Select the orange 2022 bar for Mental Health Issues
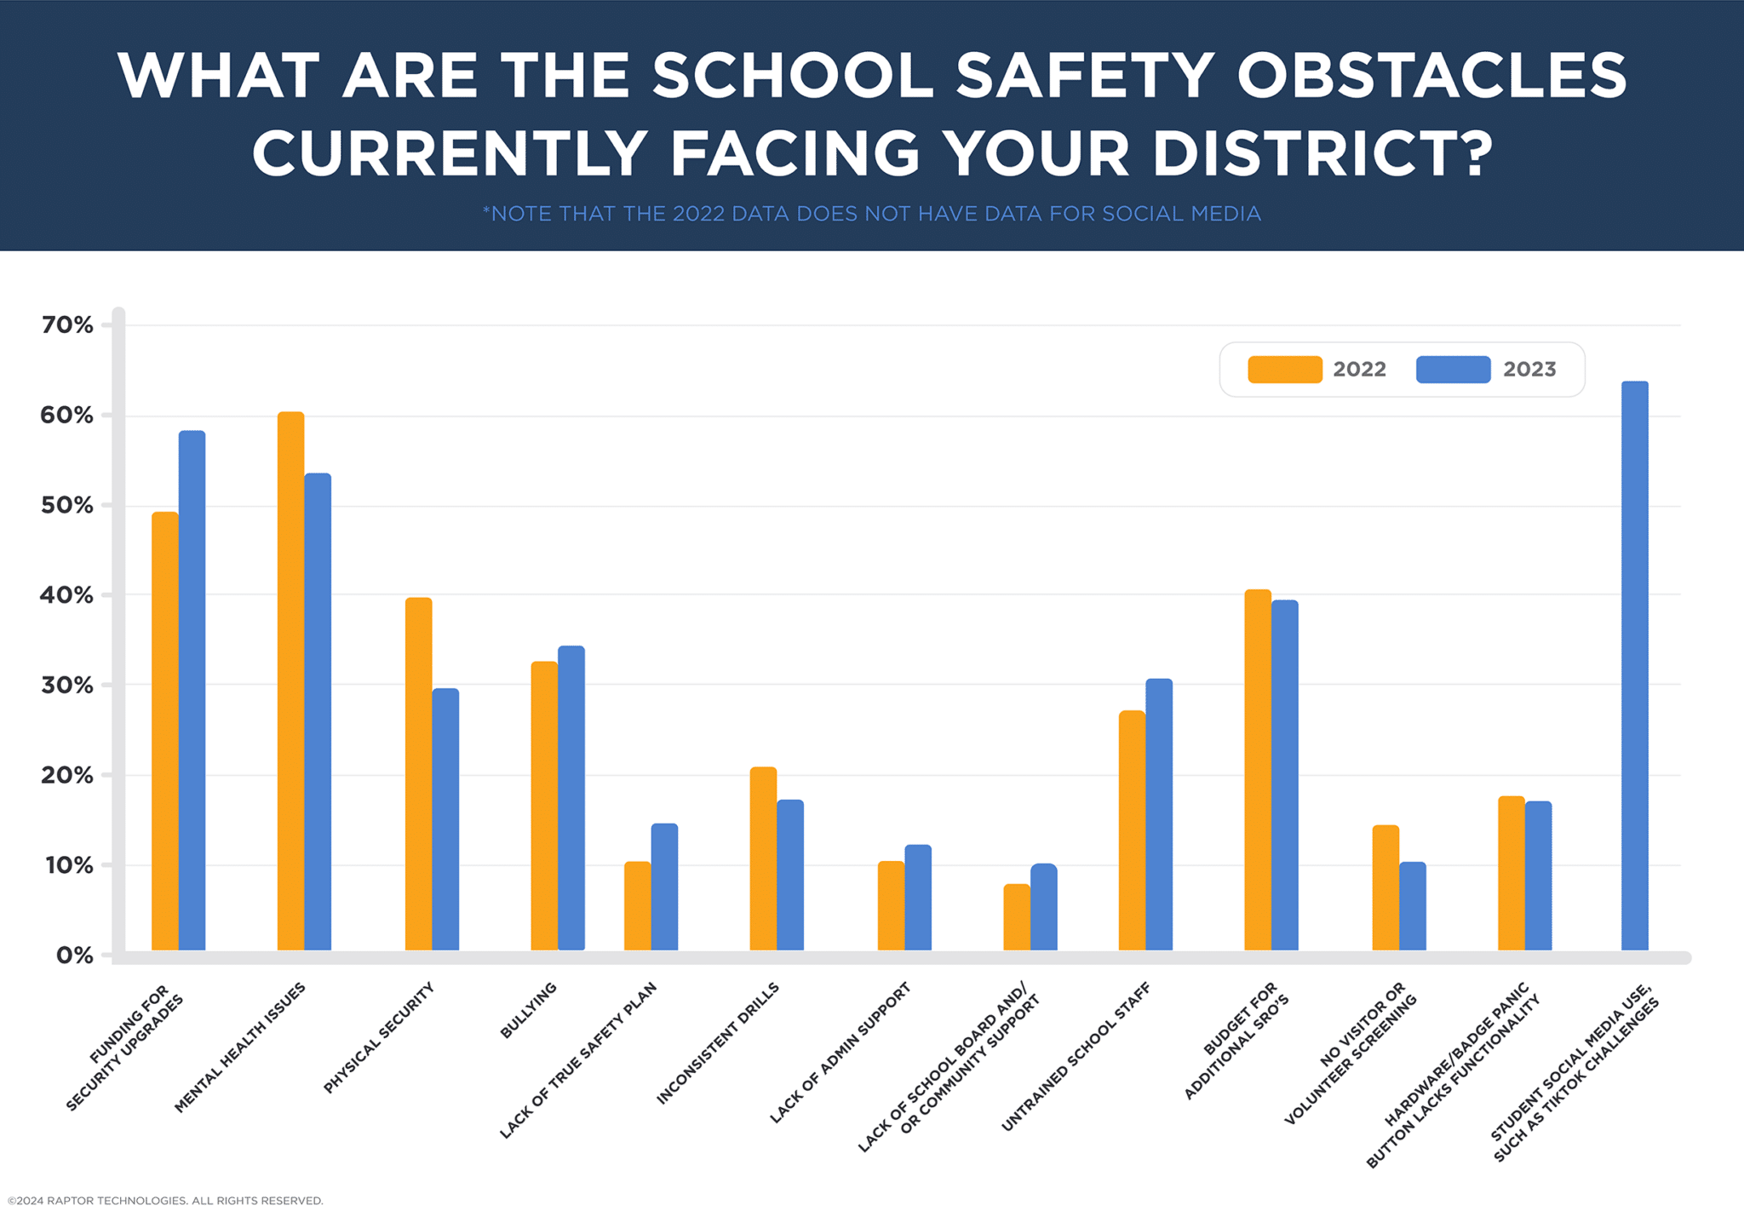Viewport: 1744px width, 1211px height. tap(290, 681)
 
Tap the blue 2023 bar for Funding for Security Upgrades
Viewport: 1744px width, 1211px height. tap(192, 691)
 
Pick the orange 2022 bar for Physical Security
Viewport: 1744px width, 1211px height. tap(418, 774)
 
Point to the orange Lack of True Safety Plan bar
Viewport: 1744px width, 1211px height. tap(637, 906)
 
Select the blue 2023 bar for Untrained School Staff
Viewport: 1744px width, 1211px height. tap(1158, 814)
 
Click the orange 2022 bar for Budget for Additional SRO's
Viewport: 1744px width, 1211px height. tap(1257, 770)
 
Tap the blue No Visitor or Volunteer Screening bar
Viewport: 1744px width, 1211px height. tap(1412, 906)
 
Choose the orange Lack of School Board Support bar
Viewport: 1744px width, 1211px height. tap(1016, 917)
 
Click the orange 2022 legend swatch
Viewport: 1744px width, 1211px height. tap(1284, 370)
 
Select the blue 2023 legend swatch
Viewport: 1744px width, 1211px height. tap(1453, 370)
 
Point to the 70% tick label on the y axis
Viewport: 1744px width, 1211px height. tap(67, 324)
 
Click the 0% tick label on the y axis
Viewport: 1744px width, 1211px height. tap(74, 955)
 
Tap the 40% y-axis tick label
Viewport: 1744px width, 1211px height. tap(66, 594)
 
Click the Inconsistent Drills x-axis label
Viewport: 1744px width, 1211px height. tap(718, 1043)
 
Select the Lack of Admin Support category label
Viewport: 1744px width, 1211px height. tap(840, 1052)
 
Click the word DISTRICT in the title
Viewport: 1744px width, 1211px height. tap(1321, 154)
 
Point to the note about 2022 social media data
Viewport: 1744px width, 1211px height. tap(871, 213)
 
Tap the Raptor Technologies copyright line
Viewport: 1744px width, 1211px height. tap(165, 1201)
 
